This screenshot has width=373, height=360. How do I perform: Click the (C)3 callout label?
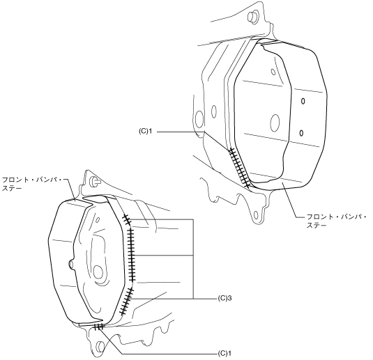pyautogui.click(x=224, y=298)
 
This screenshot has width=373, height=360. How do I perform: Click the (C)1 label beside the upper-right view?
pyautogui.click(x=145, y=131)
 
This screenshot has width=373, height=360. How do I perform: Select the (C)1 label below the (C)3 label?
pyautogui.click(x=224, y=353)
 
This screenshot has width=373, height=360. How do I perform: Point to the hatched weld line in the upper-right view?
pyautogui.click(x=239, y=168)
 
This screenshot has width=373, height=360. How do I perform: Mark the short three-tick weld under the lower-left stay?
pyautogui.click(x=98, y=327)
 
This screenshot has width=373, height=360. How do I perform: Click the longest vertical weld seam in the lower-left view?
pyautogui.click(x=131, y=255)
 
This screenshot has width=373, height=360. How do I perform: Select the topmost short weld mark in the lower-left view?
pyautogui.click(x=126, y=219)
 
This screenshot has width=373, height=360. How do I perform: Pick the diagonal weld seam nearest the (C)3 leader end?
pyautogui.click(x=126, y=301)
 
